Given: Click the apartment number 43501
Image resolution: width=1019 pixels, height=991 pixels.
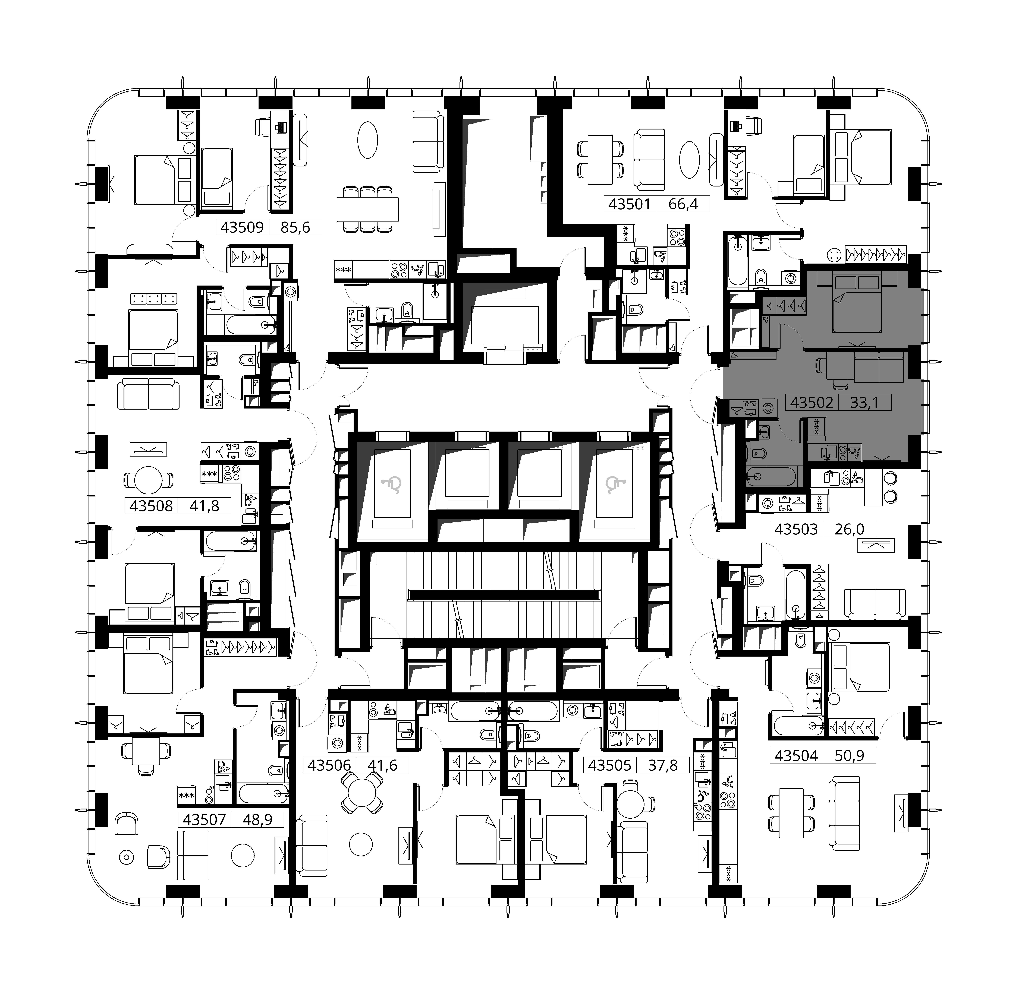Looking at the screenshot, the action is coord(630,204).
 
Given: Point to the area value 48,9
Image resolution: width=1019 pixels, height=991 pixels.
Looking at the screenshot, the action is coord(258,820).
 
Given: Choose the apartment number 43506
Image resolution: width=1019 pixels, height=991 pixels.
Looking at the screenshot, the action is coord(329,765).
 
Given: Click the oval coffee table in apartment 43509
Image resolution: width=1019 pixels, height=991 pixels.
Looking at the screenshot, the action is coord(368,140).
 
